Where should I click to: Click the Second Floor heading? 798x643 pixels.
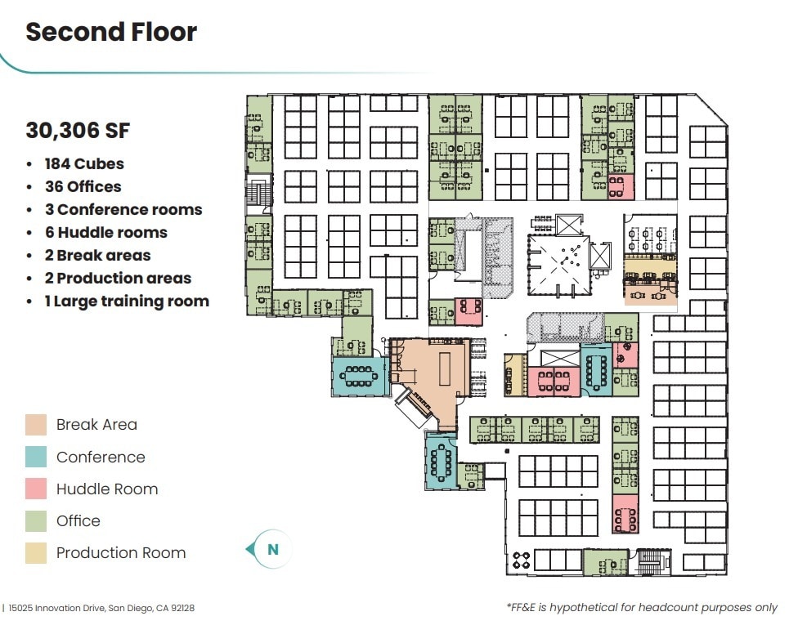coord(111,32)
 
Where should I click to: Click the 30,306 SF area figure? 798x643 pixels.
coord(78,130)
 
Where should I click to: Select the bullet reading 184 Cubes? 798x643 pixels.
coord(84,163)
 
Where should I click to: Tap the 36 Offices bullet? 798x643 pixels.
coord(83,186)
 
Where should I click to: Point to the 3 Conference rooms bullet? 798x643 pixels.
coord(123,209)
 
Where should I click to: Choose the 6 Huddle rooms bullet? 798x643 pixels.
coord(105,232)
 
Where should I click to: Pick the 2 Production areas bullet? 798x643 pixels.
coord(118,278)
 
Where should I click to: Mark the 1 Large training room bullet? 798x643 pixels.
coord(127,301)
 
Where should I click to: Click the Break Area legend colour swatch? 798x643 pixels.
coord(36,425)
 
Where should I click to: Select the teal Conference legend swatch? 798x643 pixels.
coord(36,457)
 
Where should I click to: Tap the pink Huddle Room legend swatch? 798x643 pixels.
coord(36,489)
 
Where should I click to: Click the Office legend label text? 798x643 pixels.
coord(78,520)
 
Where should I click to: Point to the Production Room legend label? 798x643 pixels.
coord(121,552)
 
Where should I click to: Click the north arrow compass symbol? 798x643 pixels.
coord(271,550)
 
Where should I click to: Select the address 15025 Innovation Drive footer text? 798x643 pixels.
coord(101,608)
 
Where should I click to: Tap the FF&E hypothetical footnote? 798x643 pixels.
coord(642,608)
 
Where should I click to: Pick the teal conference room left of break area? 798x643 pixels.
coord(359,376)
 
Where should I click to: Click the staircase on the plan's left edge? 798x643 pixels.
coord(258,194)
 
